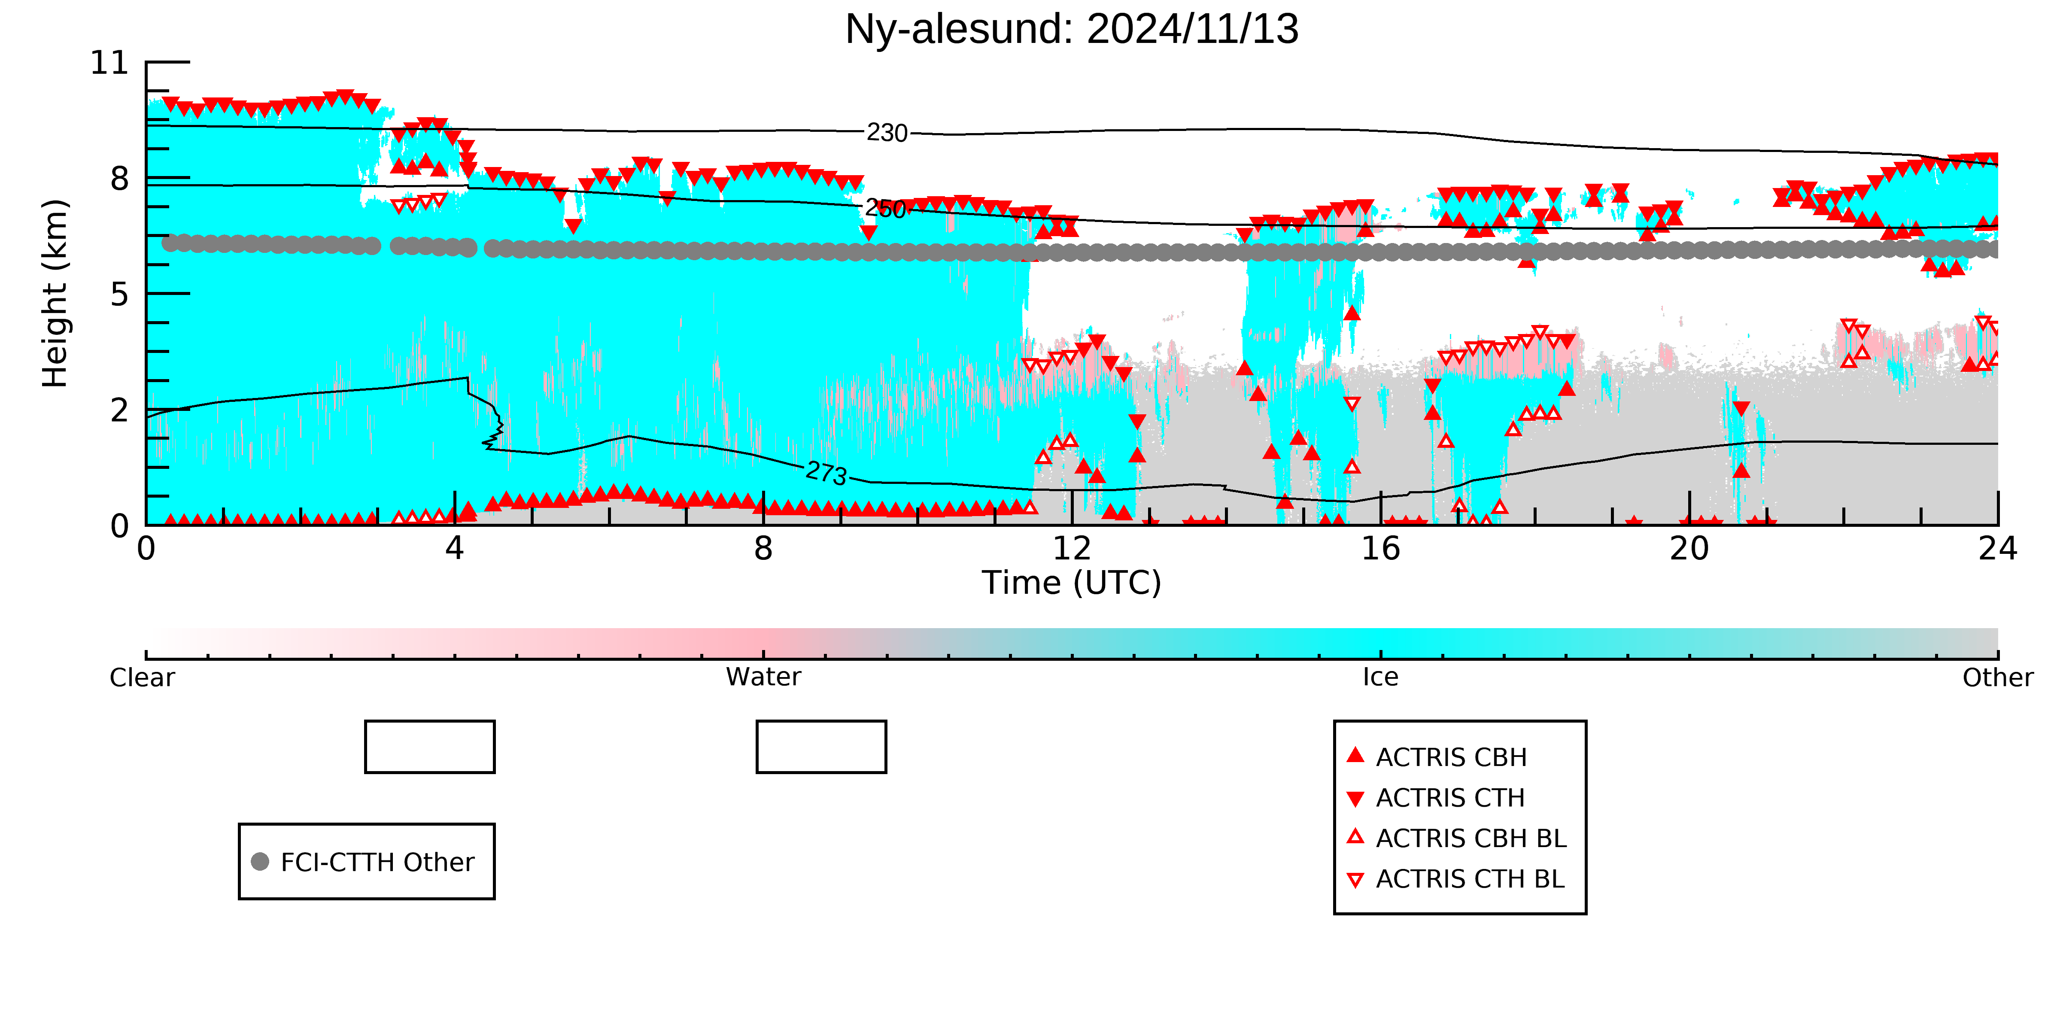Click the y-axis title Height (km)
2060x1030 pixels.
[x=55, y=294]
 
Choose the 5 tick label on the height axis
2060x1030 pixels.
[x=119, y=294]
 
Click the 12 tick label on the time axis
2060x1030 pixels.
[x=1072, y=549]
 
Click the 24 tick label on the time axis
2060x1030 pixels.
[x=1998, y=549]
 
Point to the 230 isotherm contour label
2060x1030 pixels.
[x=887, y=133]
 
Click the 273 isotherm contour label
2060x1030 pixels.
[x=826, y=474]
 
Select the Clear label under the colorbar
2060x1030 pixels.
[x=143, y=678]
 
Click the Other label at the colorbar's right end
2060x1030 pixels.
[x=1998, y=678]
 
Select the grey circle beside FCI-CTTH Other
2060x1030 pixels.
[x=260, y=861]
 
